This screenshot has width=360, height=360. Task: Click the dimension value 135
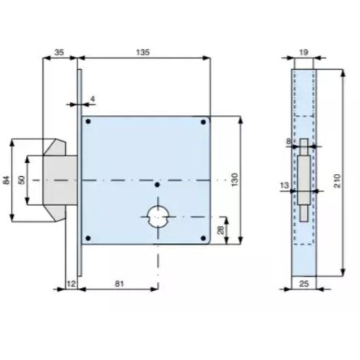tap(143, 52)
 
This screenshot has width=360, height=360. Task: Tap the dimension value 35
tap(59, 52)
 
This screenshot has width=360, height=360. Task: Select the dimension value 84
tap(6, 180)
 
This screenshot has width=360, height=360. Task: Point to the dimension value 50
tap(22, 180)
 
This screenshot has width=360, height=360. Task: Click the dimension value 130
tap(235, 180)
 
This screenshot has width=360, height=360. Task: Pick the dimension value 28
tap(221, 230)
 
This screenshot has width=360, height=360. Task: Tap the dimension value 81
tap(119, 283)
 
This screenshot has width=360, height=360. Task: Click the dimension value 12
tap(71, 283)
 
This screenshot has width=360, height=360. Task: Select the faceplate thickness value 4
tap(93, 99)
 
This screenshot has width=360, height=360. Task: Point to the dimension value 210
tap(338, 181)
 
